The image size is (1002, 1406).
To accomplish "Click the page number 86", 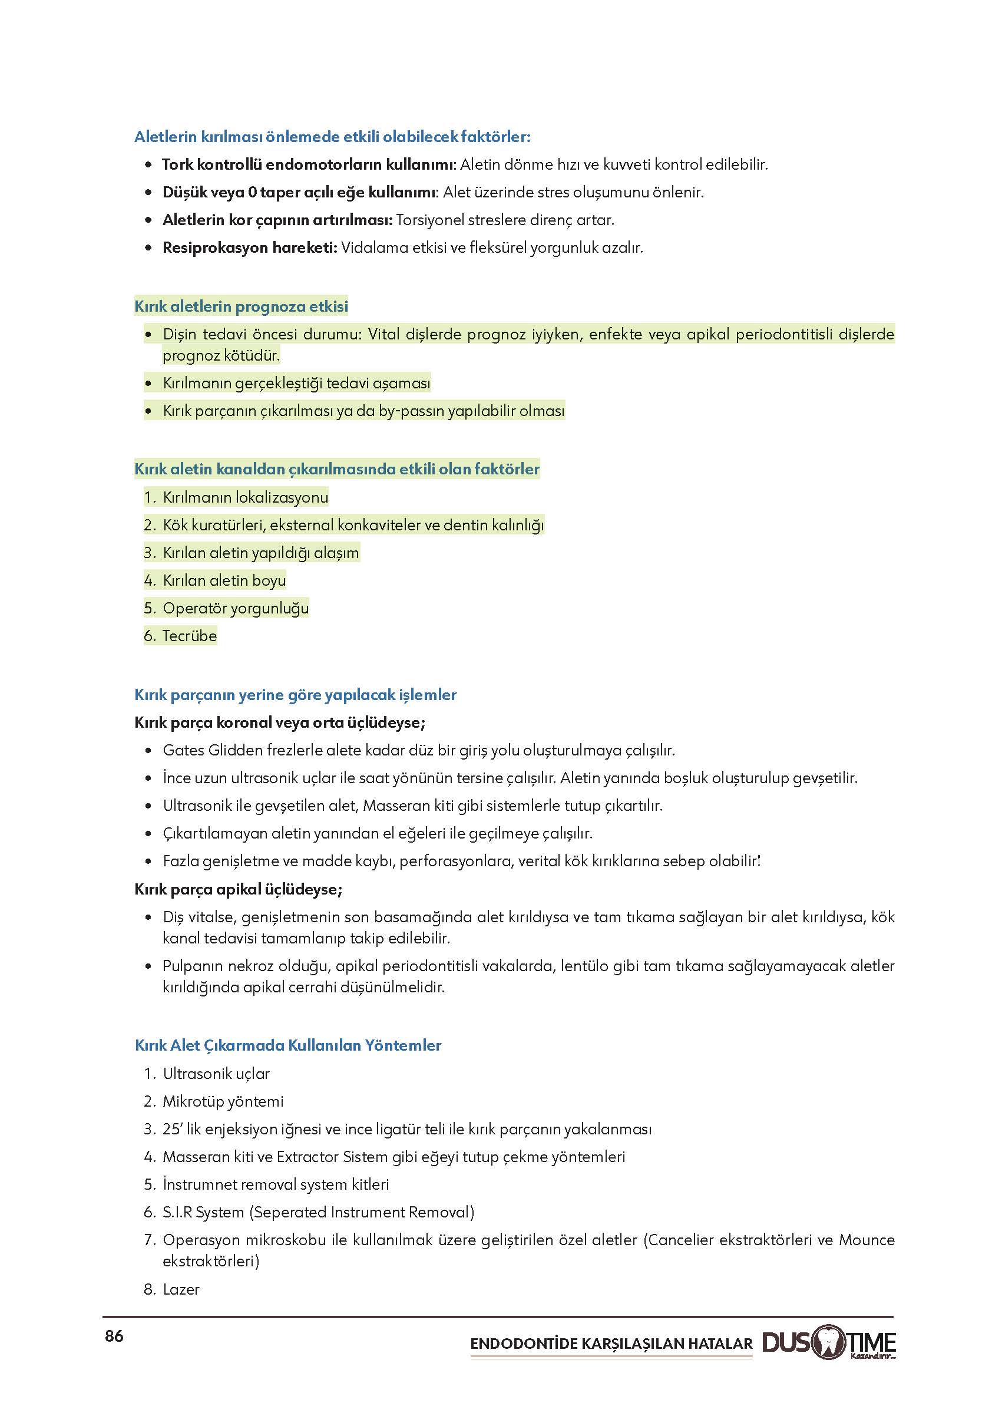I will pyautogui.click(x=114, y=1336).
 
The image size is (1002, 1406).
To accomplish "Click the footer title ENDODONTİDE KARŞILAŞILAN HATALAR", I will pyautogui.click(x=611, y=1344).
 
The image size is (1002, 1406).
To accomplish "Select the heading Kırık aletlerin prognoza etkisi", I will pyautogui.click(x=242, y=306).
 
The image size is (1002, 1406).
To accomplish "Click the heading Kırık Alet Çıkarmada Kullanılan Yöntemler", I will pyautogui.click(x=288, y=1045).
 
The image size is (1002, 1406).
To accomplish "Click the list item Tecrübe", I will pyautogui.click(x=190, y=636).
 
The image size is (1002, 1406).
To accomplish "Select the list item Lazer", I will pyautogui.click(x=181, y=1289).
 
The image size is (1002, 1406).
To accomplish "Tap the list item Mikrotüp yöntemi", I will pyautogui.click(x=223, y=1101).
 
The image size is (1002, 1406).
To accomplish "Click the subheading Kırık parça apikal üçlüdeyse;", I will pyautogui.click(x=239, y=889).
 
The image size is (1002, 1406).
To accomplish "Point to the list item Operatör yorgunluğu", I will pyautogui.click(x=235, y=608).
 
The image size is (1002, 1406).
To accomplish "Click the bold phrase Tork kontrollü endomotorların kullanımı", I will pyautogui.click(x=308, y=165).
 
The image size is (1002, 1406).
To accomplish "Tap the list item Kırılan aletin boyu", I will pyautogui.click(x=224, y=580).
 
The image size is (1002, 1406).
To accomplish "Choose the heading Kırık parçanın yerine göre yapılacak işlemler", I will pyautogui.click(x=296, y=695).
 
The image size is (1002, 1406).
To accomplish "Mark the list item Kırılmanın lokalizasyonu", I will pyautogui.click(x=245, y=497).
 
